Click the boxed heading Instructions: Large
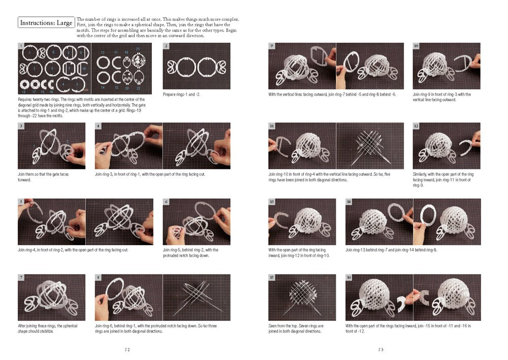(46, 23)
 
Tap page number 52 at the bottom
(128, 349)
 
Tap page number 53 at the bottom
(380, 349)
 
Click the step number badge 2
(166, 46)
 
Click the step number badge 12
(416, 126)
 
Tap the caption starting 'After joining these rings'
(48, 328)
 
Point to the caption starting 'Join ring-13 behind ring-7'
(391, 250)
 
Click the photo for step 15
(302, 297)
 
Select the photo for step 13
(302, 222)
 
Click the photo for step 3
(51, 145)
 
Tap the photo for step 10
(446, 66)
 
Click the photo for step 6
(196, 222)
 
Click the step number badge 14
(349, 202)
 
